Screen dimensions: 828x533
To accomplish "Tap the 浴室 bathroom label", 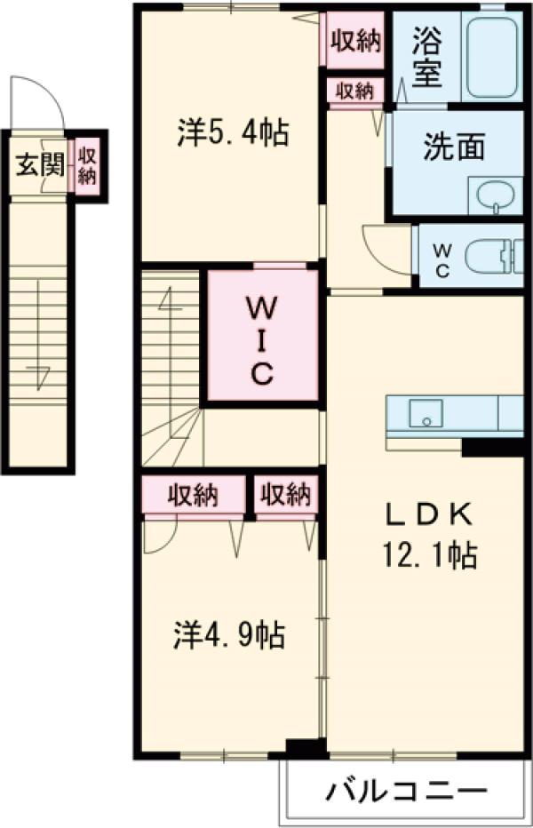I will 427,60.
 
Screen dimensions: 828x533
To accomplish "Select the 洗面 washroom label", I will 453,147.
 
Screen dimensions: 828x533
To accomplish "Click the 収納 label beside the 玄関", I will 87,165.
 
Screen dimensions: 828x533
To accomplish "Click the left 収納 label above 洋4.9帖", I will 195,495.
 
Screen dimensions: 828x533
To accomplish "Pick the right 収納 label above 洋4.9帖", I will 286,495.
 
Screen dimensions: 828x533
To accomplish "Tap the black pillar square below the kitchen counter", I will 491,446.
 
